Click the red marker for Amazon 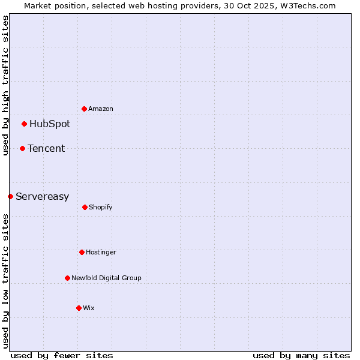[84, 109]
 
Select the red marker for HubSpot [24, 124]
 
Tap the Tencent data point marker [22, 148]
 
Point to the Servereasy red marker [10, 196]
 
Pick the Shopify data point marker [85, 207]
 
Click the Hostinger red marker [82, 252]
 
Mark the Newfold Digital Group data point [67, 278]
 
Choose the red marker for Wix [79, 308]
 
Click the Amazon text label [101, 109]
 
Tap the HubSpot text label [50, 124]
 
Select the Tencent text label [46, 149]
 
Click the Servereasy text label [42, 197]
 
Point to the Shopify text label [101, 208]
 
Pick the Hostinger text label [101, 253]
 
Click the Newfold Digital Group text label [106, 278]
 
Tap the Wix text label [89, 308]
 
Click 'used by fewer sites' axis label [62, 356]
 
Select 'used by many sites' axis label [301, 356]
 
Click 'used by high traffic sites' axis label [6, 85]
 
